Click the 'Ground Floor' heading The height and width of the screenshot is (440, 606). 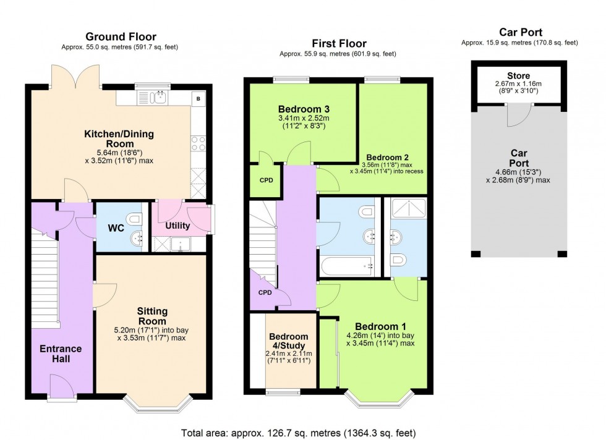[121, 36]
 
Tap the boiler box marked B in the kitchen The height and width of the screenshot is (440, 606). [198, 98]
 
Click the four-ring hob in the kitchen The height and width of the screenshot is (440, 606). [198, 143]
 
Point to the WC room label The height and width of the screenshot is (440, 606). [116, 228]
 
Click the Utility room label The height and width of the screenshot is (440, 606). [177, 226]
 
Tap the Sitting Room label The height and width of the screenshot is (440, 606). [152, 316]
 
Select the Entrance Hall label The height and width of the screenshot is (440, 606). [61, 353]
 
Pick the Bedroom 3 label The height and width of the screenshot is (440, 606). [304, 109]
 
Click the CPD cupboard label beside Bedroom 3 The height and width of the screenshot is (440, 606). [267, 180]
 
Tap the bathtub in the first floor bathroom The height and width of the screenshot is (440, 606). [347, 266]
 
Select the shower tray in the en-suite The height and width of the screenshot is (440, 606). [409, 208]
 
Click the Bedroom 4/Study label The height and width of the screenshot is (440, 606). [289, 341]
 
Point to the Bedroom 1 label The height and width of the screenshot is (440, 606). [381, 326]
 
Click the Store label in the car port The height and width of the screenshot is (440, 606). [518, 76]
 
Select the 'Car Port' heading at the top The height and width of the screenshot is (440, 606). [521, 32]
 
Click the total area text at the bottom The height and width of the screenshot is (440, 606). [298, 433]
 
